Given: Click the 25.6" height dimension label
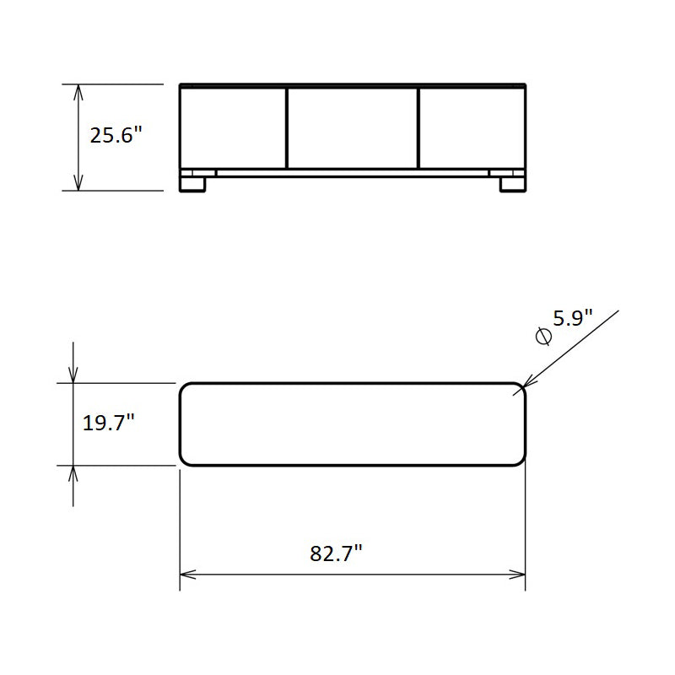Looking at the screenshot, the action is pos(116,135).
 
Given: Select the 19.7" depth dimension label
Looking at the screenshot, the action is pos(109,423).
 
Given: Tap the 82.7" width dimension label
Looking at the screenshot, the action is pos(336,553).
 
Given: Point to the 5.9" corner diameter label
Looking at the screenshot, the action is pos(573,318).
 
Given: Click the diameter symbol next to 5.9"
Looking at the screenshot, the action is pos(543,336).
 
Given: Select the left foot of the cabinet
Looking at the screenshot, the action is pos(192,184).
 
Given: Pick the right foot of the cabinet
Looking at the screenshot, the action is pos(513,184).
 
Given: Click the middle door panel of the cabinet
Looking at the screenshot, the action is pos(352,128).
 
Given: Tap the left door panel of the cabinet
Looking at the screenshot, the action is pos(233,128).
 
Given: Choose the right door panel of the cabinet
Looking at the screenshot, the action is pos(472,128).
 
